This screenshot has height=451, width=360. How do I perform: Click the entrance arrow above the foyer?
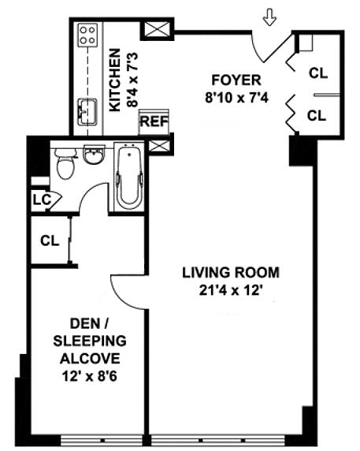point(269,17)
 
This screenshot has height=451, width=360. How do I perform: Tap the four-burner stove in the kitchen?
point(87,35)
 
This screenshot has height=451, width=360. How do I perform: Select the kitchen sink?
point(87,112)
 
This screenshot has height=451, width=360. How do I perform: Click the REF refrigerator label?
point(154,121)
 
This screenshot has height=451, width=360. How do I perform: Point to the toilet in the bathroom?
point(65,164)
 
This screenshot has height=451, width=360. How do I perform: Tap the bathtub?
point(129,177)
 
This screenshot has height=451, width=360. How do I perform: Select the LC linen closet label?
point(42,200)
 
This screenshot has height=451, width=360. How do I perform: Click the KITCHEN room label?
point(115,80)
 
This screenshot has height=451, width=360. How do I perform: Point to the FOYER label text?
point(236,80)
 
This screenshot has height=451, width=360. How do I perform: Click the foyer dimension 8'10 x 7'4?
point(236,98)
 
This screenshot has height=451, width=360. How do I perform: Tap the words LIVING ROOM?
point(231,272)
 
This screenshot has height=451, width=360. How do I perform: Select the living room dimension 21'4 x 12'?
point(232,290)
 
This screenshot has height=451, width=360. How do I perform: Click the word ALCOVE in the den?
point(90,359)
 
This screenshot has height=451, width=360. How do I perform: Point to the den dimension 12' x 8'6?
point(90,376)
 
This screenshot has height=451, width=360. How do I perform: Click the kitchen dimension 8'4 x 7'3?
point(133,80)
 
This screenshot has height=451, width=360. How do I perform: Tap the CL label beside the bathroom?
point(50,240)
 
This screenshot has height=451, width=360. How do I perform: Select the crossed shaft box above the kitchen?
point(158,28)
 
